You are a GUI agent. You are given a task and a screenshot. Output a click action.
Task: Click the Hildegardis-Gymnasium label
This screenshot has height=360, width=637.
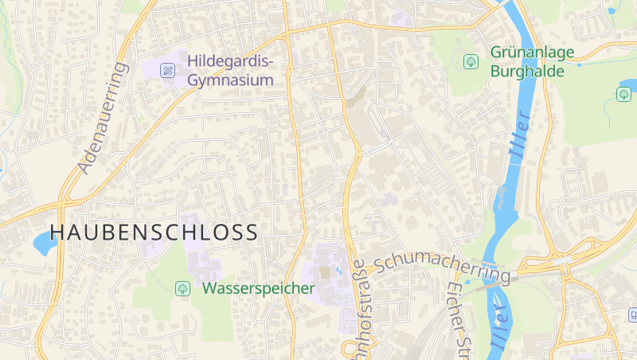pos(230,71)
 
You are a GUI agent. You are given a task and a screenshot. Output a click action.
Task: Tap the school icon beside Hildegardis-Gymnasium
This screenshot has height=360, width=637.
pos(167,70)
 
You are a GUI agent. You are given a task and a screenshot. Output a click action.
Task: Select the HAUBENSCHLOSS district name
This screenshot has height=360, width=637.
pos(154,233)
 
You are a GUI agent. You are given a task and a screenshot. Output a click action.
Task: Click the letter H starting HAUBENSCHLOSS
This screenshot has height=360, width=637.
pos(57,233)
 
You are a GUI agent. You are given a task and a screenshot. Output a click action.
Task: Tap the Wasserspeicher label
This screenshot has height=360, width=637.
pos(258,288)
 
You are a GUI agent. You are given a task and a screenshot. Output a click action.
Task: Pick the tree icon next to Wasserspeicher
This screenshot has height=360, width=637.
pos(183,288)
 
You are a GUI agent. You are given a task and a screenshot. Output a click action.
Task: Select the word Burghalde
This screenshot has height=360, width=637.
pos(527,71)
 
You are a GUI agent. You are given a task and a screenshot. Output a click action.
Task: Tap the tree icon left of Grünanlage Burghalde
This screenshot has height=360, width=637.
pos(471,61)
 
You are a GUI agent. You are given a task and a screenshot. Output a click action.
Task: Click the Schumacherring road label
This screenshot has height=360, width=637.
pos(441,265)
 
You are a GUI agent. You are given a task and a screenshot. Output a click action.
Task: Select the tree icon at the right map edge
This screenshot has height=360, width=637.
pos(623,94)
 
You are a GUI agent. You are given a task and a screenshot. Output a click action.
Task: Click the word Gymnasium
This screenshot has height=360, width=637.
pos(230,80)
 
